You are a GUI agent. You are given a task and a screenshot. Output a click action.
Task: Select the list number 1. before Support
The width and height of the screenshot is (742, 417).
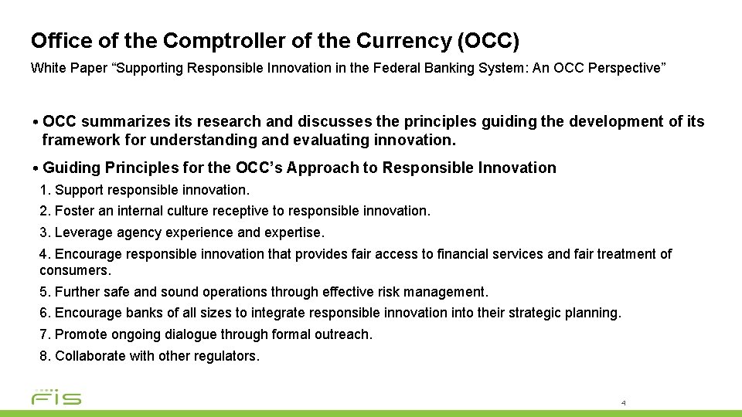[44, 189]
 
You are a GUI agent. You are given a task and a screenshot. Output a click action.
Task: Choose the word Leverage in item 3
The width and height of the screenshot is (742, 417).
[80, 232]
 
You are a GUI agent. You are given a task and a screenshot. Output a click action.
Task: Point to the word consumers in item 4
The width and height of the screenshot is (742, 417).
[76, 271]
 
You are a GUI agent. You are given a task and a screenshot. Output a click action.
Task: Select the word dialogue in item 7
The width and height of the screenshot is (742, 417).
[204, 334]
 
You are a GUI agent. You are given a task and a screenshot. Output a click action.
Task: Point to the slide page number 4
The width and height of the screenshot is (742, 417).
[623, 403]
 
